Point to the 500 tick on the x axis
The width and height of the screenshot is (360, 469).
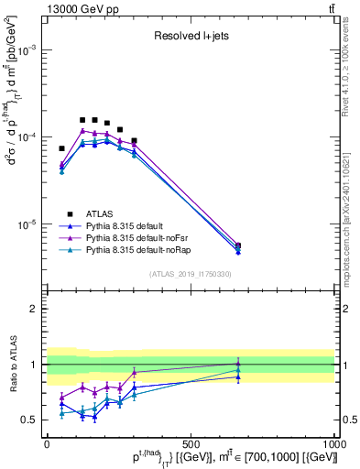(x=191, y=441)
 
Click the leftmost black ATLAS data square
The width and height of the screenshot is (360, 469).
(x=61, y=148)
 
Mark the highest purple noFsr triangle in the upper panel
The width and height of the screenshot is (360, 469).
(x=82, y=131)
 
